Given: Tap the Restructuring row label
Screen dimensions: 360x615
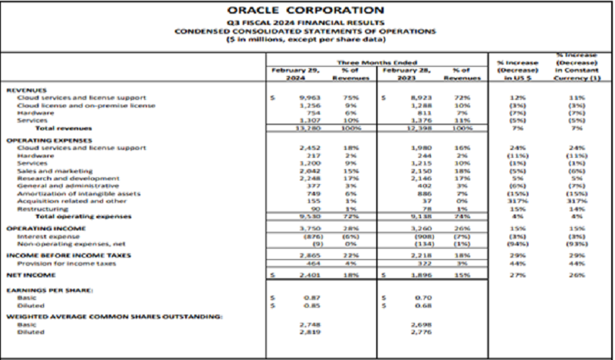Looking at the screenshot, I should [37, 210].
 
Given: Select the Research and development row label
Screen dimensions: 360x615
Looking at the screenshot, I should [61, 179].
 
